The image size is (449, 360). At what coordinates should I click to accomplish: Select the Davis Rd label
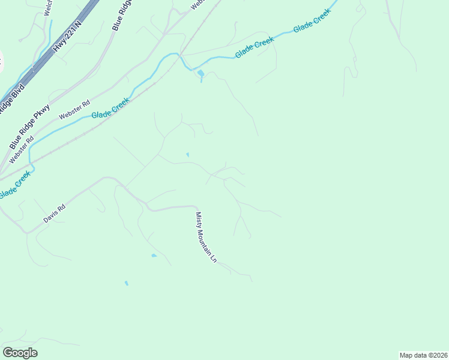click(x=54, y=214)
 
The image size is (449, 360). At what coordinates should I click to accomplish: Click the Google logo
click(x=20, y=353)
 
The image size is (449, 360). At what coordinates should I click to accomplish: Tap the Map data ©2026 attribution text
click(x=423, y=355)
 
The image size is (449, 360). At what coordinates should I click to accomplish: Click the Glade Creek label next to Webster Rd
click(x=110, y=109)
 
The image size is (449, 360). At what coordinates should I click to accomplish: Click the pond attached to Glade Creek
click(x=200, y=74)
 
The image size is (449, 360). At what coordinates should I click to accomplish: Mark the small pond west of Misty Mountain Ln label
click(x=154, y=256)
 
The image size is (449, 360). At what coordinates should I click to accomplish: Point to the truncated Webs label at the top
click(x=197, y=4)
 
